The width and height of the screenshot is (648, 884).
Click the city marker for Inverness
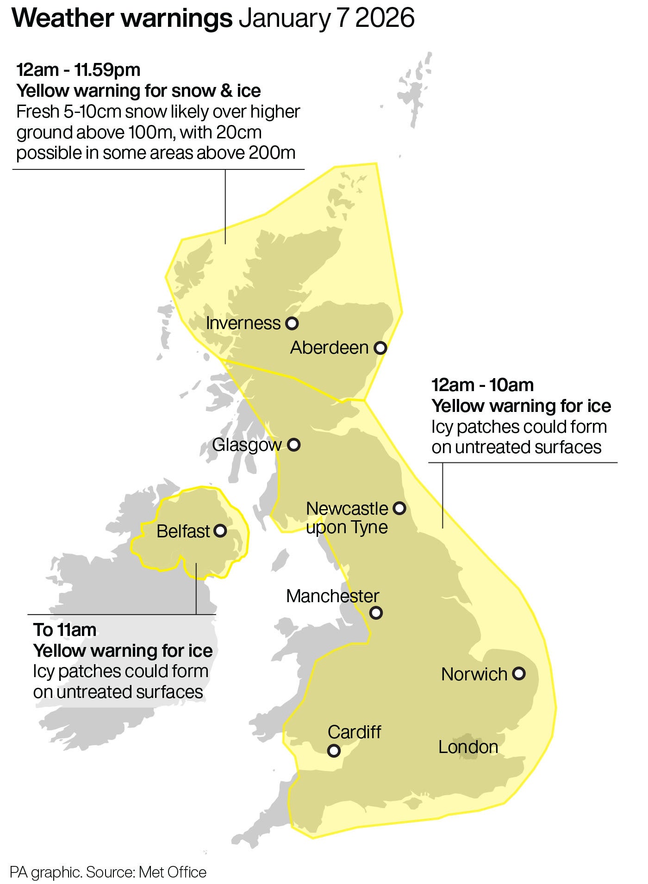292,323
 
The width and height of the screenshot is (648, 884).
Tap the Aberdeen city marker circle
380,348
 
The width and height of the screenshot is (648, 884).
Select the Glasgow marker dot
294,445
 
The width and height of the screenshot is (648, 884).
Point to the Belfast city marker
220,530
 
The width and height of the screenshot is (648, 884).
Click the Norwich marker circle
519,673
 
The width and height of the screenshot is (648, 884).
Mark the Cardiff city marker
334,750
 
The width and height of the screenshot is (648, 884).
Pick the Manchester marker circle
376,613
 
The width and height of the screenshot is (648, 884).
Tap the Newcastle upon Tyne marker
399,508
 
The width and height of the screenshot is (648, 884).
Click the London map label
468,747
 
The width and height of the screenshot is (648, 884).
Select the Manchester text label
332,596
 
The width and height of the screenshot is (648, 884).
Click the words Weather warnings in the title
122,19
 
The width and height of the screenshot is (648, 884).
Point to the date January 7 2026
326,19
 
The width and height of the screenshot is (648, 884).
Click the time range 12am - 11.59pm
78,70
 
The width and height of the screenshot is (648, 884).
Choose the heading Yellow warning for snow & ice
138,91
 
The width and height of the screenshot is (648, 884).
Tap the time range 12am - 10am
482,385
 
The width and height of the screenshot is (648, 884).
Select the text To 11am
65,629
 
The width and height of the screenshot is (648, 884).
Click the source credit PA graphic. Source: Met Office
108,872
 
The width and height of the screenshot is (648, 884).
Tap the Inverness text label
243,323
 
